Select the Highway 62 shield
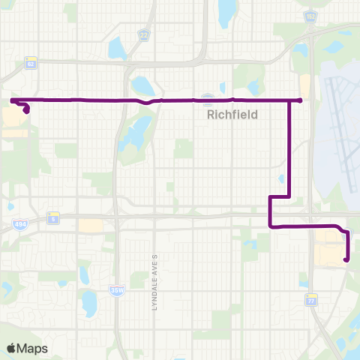tap(31, 64)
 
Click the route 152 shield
tap(310, 15)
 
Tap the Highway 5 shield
tap(53, 217)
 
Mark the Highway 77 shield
tap(310, 299)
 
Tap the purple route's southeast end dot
tap(346, 260)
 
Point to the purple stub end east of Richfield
tap(300, 100)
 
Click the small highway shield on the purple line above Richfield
tap(208, 98)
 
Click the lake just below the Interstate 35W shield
tap(90, 304)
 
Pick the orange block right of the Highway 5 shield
tap(91, 225)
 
